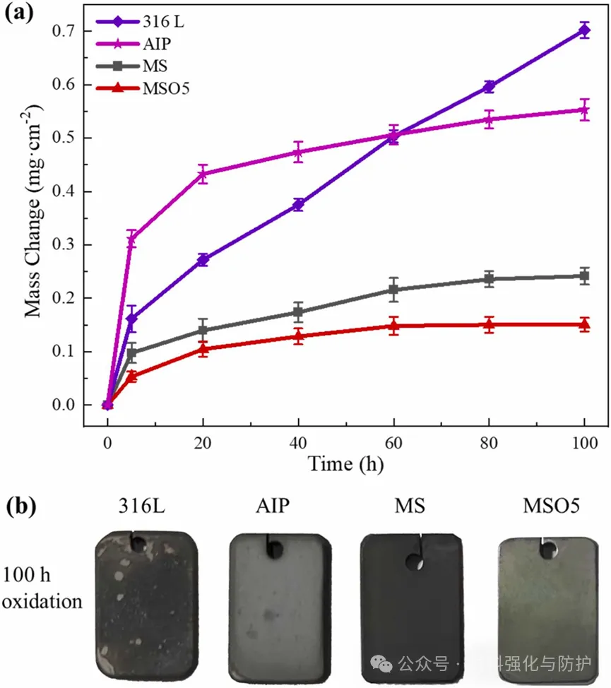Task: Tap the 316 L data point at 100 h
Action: pyautogui.click(x=584, y=30)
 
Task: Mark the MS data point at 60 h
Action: pyautogui.click(x=393, y=290)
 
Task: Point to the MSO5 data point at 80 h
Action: pyautogui.click(x=489, y=325)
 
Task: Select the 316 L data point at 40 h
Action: pyautogui.click(x=298, y=205)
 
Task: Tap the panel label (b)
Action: pyautogui.click(x=21, y=506)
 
